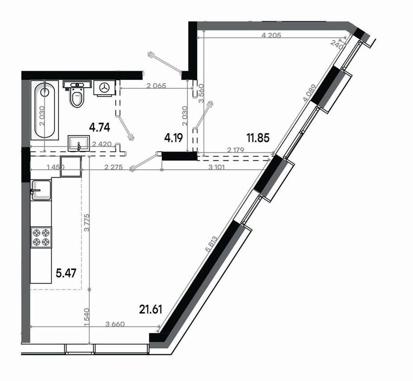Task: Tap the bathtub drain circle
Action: click(x=45, y=92)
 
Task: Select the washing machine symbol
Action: click(x=104, y=88)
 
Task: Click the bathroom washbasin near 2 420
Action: click(x=79, y=143)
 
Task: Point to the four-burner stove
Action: click(x=41, y=238)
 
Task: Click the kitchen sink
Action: click(x=41, y=190)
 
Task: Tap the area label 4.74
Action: click(x=99, y=127)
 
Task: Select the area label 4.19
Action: click(x=173, y=138)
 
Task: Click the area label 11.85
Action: click(x=258, y=138)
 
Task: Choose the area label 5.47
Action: click(x=66, y=273)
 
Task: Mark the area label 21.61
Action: click(x=150, y=309)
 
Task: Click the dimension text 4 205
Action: click(x=272, y=35)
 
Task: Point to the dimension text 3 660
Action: click(x=115, y=324)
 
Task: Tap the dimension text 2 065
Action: click(x=156, y=85)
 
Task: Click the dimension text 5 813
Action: click(x=211, y=244)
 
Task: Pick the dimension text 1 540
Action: click(x=87, y=318)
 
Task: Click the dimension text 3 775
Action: click(x=87, y=222)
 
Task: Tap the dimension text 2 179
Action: click(x=235, y=150)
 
